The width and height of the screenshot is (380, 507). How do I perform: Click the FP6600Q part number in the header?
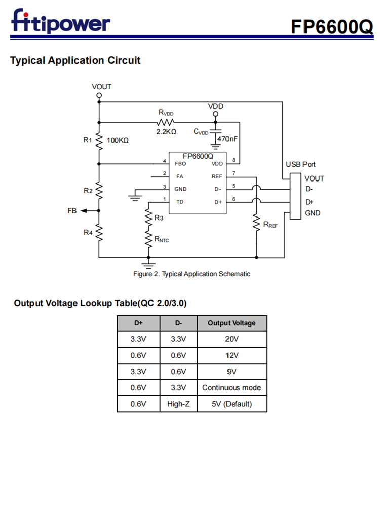[332, 26]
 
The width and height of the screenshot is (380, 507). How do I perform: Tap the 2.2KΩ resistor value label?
[166, 132]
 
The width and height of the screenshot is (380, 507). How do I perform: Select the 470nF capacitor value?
[227, 138]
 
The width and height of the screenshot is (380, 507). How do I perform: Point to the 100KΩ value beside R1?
[117, 140]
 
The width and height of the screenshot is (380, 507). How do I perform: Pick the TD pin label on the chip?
[179, 202]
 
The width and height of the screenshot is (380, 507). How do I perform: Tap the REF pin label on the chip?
[217, 176]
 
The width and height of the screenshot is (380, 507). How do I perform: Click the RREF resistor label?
[271, 224]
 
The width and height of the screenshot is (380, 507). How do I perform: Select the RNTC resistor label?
[162, 239]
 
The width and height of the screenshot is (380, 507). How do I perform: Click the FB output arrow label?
[72, 211]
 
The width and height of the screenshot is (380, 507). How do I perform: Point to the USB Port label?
[300, 164]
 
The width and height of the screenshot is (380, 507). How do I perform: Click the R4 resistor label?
[88, 232]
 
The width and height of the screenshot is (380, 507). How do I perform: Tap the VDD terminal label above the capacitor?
[216, 106]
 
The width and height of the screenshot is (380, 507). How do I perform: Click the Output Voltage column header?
[232, 323]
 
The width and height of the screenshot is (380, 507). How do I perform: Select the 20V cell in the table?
[232, 339]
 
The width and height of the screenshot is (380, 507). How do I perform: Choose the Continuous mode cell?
[232, 388]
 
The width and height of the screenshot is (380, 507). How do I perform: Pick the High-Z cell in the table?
[178, 404]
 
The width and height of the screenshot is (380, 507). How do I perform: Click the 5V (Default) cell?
[232, 404]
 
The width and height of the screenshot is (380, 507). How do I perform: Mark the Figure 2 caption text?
[192, 274]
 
